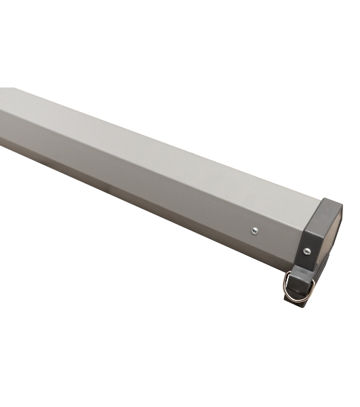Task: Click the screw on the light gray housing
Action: pos(254,231)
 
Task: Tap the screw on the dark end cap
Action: pos(306,252)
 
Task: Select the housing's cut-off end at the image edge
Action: pos(3,115)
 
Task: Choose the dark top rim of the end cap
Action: pos(332,203)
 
